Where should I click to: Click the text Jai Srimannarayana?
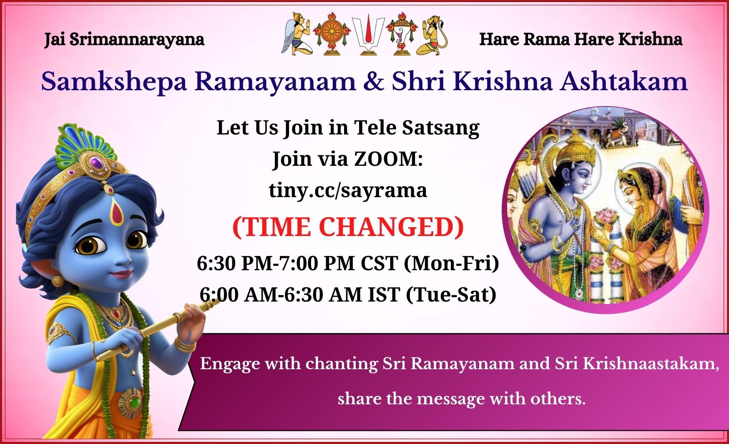pyautogui.click(x=124, y=40)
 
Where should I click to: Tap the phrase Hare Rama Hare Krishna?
pyautogui.click(x=581, y=39)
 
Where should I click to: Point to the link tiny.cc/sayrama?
pyautogui.click(x=348, y=190)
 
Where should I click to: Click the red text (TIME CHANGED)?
pyautogui.click(x=348, y=227)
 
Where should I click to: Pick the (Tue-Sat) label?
pyautogui.click(x=451, y=295)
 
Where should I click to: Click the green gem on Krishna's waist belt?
pyautogui.click(x=134, y=403)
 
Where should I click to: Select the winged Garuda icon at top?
pyautogui.click(x=297, y=33)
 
